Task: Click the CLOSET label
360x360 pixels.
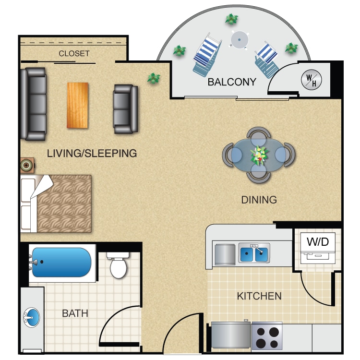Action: (x=74, y=53)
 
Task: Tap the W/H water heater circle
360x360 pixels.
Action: (x=312, y=80)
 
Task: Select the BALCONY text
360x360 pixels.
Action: (x=232, y=82)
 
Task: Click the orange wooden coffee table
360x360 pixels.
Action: (x=77, y=105)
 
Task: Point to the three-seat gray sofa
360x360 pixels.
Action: (x=34, y=104)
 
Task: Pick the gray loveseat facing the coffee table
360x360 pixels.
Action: (x=125, y=109)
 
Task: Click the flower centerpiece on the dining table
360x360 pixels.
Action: (x=259, y=155)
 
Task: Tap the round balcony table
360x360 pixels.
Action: (x=239, y=40)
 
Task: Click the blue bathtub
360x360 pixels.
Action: (x=61, y=262)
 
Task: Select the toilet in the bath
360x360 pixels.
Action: (x=118, y=265)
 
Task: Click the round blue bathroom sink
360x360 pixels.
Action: (x=32, y=318)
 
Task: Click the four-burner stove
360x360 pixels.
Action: (x=267, y=336)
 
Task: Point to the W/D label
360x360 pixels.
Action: (x=318, y=241)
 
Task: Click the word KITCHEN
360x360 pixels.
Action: (x=259, y=296)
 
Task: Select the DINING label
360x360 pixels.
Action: (x=259, y=200)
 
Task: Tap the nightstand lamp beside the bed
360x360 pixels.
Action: (x=26, y=165)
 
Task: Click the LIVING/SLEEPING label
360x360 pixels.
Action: (x=92, y=153)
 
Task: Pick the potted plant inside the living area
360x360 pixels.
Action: (x=154, y=78)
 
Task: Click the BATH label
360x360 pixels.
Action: (x=75, y=313)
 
